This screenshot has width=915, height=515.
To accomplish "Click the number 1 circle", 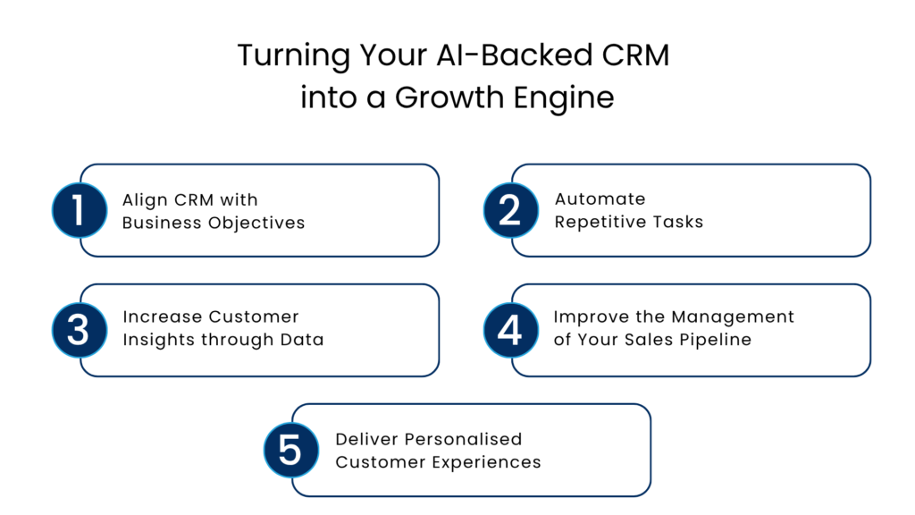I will coord(79,210).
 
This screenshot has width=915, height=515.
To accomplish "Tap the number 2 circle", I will coord(510,210).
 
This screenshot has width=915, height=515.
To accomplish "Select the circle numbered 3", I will coord(79,330).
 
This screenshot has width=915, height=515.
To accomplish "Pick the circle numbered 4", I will coord(510,330).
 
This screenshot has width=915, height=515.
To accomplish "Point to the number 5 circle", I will coord(290,450).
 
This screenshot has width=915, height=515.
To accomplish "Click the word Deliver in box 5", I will coord(366,440).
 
